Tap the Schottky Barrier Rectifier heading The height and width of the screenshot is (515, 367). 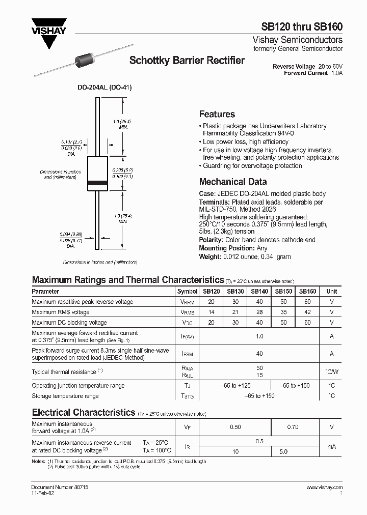click(187, 61)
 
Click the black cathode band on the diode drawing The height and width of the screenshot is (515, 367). click(97, 182)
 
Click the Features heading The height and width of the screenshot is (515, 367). click(217, 115)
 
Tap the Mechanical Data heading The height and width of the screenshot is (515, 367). click(232, 182)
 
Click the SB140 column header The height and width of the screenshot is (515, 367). click(259, 292)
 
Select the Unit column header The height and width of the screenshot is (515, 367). click(332, 292)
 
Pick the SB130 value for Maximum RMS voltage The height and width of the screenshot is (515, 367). click(235, 312)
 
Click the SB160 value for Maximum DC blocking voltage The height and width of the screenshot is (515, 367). click(307, 323)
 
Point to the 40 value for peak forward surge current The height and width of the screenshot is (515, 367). click(259, 354)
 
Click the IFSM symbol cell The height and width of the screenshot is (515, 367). click(187, 354)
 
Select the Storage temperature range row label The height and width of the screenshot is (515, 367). click(65, 396)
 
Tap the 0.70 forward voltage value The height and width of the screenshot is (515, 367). click(293, 427)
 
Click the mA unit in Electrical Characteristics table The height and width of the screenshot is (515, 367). click(332, 446)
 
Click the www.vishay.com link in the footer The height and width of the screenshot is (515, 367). click(325, 488)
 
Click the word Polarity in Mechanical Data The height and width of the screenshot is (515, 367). click(211, 240)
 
